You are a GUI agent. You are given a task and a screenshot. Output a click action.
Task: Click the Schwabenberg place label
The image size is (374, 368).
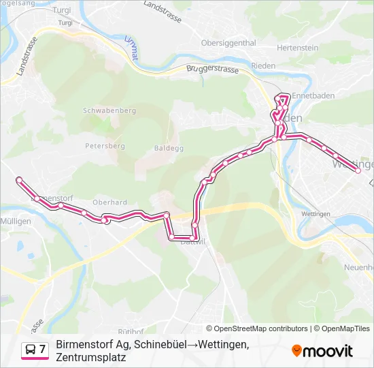pyautogui.click(x=109, y=110)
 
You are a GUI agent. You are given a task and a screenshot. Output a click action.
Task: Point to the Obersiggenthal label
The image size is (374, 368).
pyautogui.click(x=228, y=42)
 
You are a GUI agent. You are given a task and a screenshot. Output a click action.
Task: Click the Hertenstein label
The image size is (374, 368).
pyautogui.click(x=298, y=48)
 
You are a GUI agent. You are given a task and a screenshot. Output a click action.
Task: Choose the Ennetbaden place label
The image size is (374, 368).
pyautogui.click(x=313, y=96)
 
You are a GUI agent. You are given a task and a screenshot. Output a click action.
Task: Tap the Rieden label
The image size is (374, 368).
pyautogui.click(x=263, y=66)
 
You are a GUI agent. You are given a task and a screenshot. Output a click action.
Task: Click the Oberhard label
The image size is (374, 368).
pyautogui.click(x=109, y=202)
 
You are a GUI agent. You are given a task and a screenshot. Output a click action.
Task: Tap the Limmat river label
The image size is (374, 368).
pyautogui.click(x=131, y=49)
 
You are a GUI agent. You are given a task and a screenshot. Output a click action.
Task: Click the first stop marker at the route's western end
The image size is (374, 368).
pyautogui.click(x=19, y=180)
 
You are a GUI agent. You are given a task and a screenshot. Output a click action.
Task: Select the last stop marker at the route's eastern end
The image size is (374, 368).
pyautogui.click(x=358, y=171)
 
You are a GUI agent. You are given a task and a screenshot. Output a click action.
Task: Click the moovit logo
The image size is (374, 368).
pyautogui.click(x=322, y=351)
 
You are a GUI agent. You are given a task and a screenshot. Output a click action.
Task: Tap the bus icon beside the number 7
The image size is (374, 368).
pyautogui.click(x=30, y=350)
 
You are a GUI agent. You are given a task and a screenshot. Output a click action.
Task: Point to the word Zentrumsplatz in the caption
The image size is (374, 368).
pyautogui.click(x=91, y=356)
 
